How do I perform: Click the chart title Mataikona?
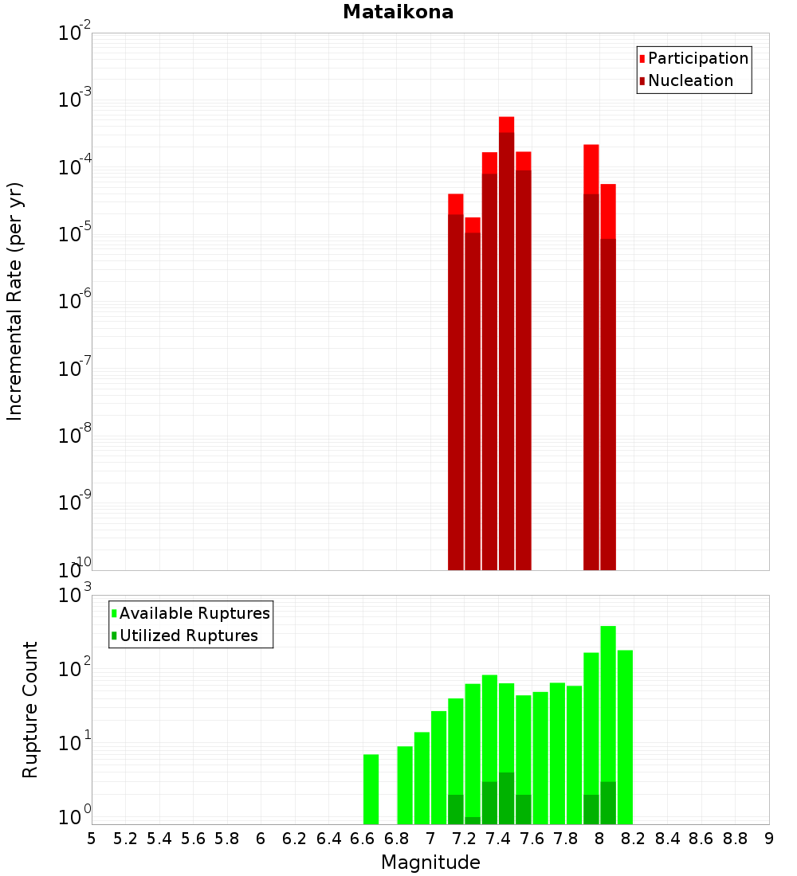[398, 12]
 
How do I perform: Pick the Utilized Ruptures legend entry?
[187, 635]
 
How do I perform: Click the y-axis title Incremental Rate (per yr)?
[14, 301]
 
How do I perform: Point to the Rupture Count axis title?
[30, 710]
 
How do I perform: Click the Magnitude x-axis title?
[430, 862]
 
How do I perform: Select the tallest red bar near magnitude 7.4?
[506, 342]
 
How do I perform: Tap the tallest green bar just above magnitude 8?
[608, 725]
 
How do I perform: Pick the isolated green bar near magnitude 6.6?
[371, 789]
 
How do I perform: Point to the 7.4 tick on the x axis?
[498, 839]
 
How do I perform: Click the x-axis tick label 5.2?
[125, 839]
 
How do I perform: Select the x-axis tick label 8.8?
[735, 839]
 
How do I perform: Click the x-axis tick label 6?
[261, 839]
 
